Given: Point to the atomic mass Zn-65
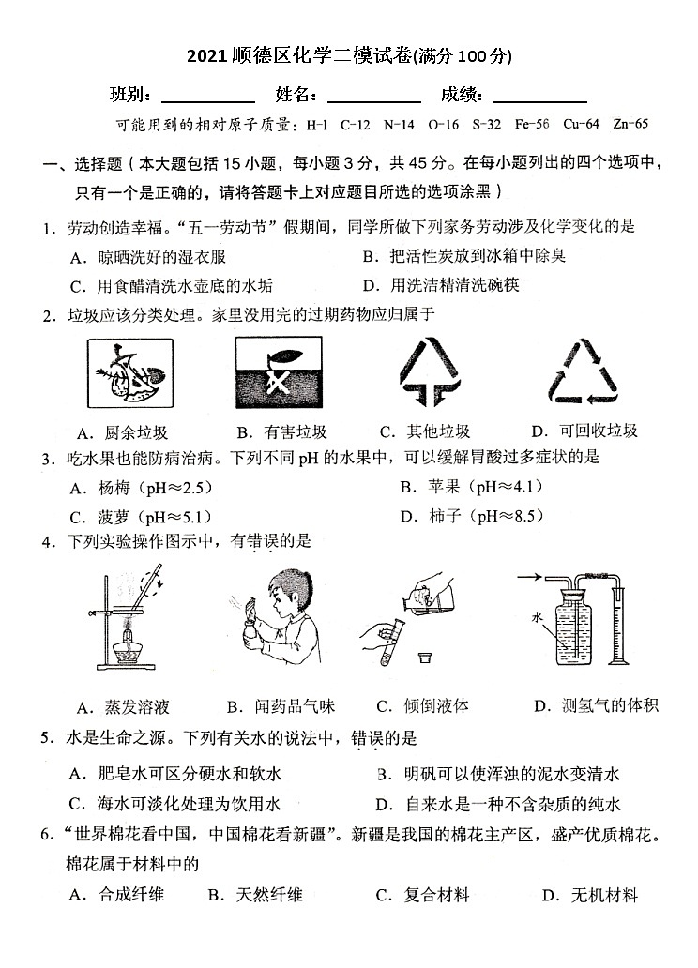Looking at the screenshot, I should click(630, 124).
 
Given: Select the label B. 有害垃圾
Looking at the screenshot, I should click(281, 431).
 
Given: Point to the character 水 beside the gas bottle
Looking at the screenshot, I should click(537, 618).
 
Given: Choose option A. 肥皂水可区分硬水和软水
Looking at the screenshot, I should click(176, 774).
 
